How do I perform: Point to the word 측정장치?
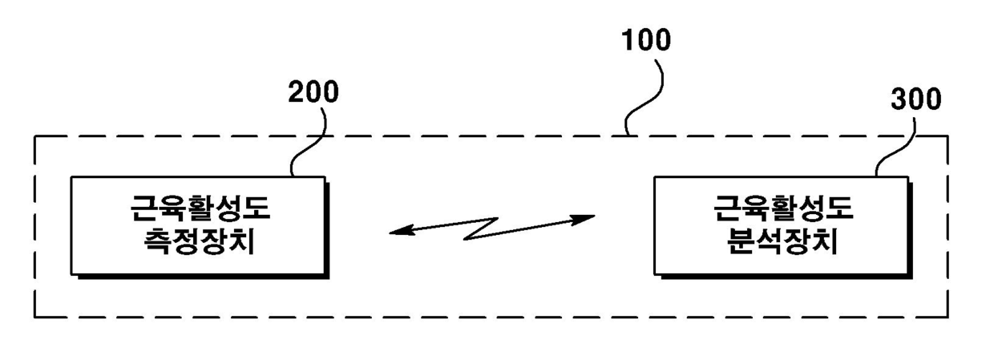[200, 241]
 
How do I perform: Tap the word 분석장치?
[782, 241]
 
